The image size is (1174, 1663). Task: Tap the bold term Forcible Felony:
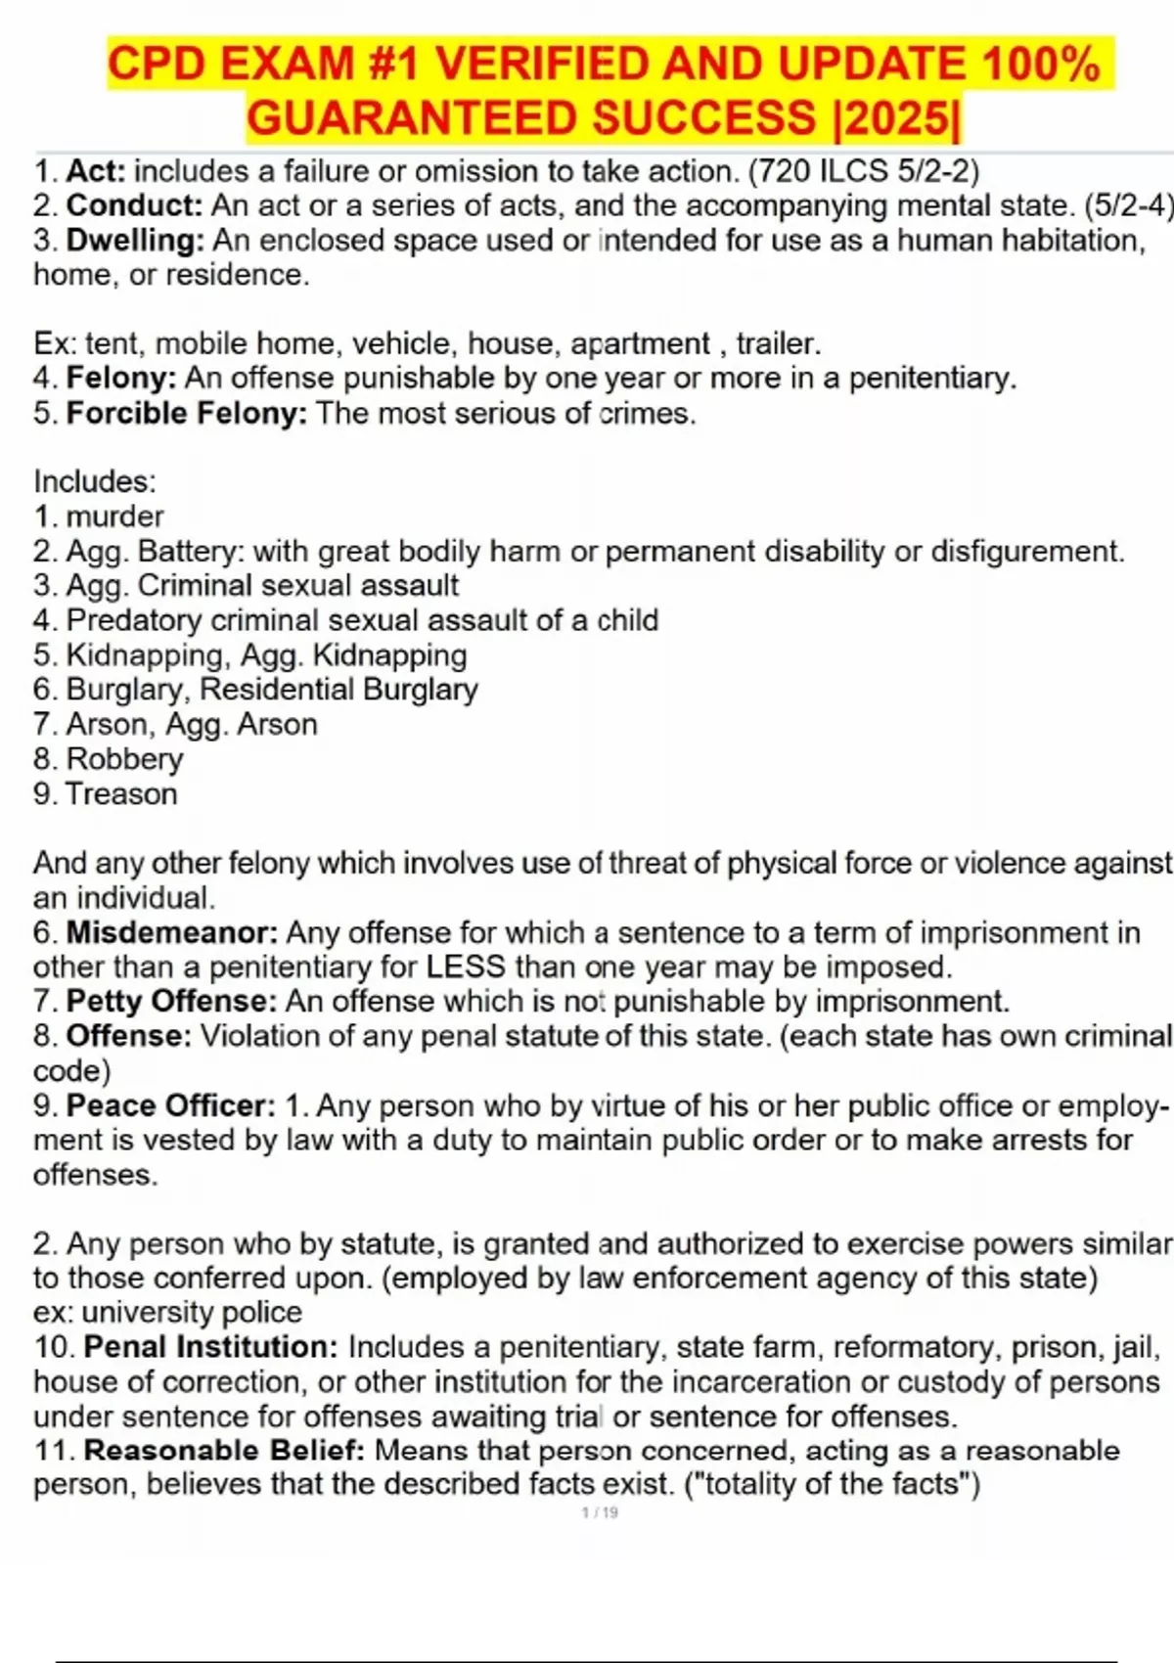pyautogui.click(x=186, y=413)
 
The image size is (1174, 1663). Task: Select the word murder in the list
pyautogui.click(x=114, y=517)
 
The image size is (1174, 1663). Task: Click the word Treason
pyautogui.click(x=121, y=793)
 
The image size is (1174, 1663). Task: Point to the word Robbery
pyautogui.click(x=124, y=759)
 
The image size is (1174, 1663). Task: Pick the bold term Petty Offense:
pyautogui.click(x=172, y=1001)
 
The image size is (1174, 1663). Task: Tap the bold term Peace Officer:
pyautogui.click(x=171, y=1105)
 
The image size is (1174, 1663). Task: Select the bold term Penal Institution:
pyautogui.click(x=210, y=1347)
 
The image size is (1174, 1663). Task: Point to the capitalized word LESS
pyautogui.click(x=466, y=966)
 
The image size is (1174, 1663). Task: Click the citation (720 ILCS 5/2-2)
pyautogui.click(x=863, y=171)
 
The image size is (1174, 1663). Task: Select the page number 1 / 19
pyautogui.click(x=600, y=1512)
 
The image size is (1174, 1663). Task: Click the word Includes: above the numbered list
pyautogui.click(x=95, y=481)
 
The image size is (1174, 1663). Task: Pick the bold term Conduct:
pyautogui.click(x=134, y=206)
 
